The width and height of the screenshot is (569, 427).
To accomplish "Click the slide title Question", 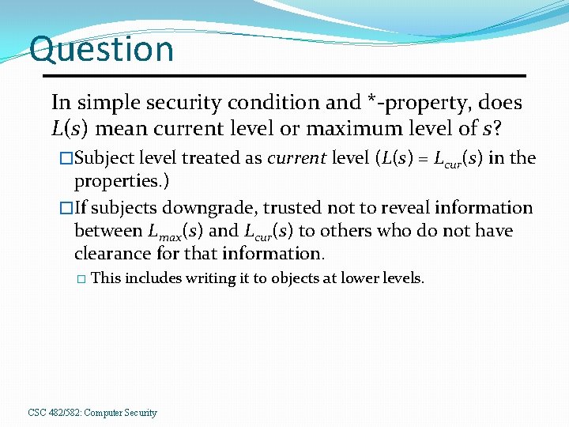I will pyautogui.click(x=101, y=49).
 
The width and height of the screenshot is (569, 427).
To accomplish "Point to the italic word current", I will pyautogui.click(x=296, y=158).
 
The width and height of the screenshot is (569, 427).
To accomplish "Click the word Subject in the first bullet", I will pyautogui.click(x=107, y=158).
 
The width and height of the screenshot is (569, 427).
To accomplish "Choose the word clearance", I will pyautogui.click(x=108, y=254).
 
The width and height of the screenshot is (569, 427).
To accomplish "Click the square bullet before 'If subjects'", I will pyautogui.click(x=66, y=208).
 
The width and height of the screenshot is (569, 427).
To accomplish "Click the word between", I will pyautogui.click(x=107, y=231).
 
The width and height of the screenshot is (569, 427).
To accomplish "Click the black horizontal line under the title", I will pyautogui.click(x=284, y=76).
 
